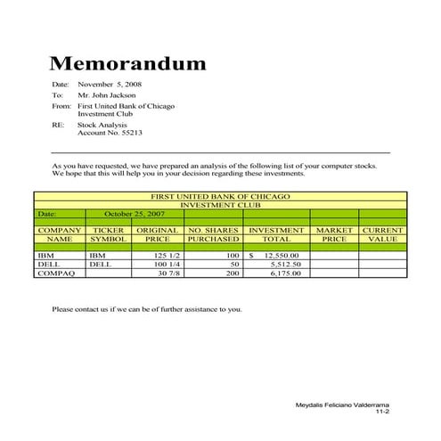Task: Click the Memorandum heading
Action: point(127,63)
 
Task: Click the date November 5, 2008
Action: point(110,84)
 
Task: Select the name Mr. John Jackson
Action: point(108,94)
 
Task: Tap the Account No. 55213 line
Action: point(110,133)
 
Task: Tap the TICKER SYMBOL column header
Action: point(109,235)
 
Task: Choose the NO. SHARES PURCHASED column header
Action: point(214,235)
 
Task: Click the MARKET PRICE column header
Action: point(334,235)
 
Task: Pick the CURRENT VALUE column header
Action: point(383,235)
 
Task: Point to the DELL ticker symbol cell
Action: point(101,265)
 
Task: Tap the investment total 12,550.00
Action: point(280,256)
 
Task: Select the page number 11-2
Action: point(383,413)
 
